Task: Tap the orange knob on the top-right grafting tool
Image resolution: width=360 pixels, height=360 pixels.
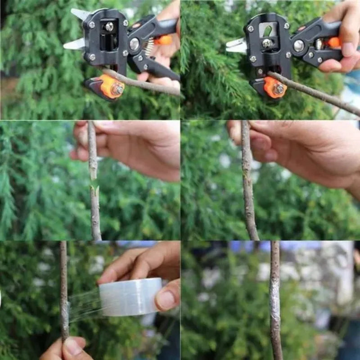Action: (274, 87)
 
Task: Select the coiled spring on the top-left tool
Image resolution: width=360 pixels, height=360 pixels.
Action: (149, 47)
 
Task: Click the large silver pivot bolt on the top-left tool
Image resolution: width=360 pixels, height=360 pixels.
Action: (134, 44)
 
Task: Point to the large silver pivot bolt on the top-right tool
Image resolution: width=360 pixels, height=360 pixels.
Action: (298, 45)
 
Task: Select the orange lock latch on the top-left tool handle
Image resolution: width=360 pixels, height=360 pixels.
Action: (164, 40)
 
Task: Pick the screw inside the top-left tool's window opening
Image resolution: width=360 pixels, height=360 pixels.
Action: (109, 27)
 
